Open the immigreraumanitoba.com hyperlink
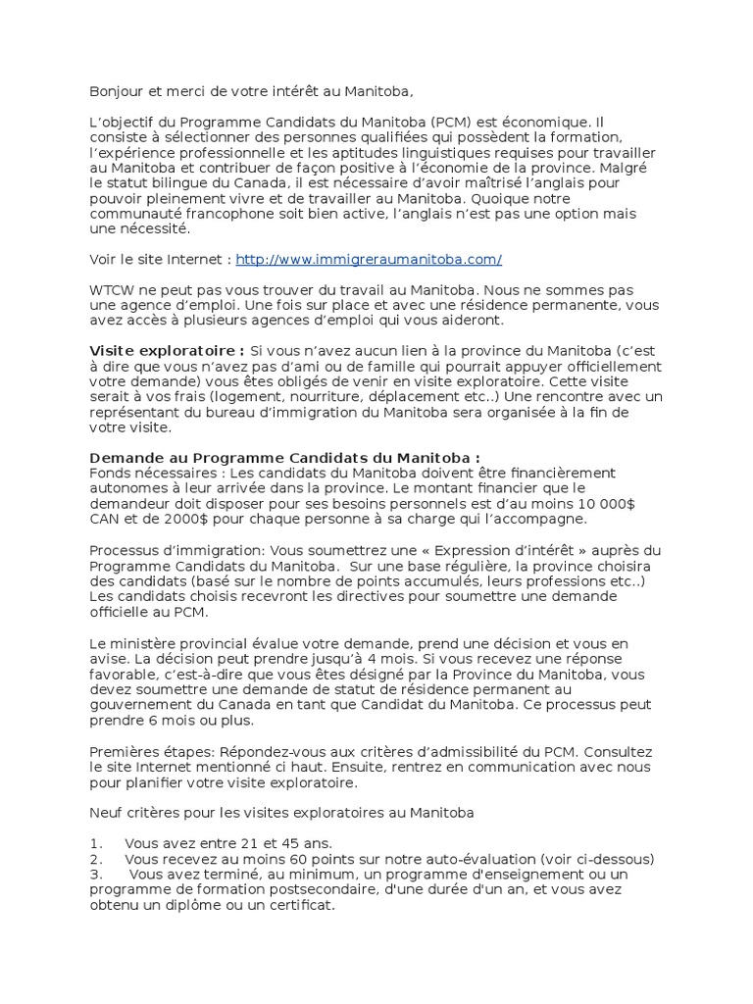point(369,259)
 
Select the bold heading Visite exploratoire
point(167,351)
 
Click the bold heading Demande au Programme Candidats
point(284,458)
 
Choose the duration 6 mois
point(195,720)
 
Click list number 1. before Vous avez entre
point(96,843)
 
